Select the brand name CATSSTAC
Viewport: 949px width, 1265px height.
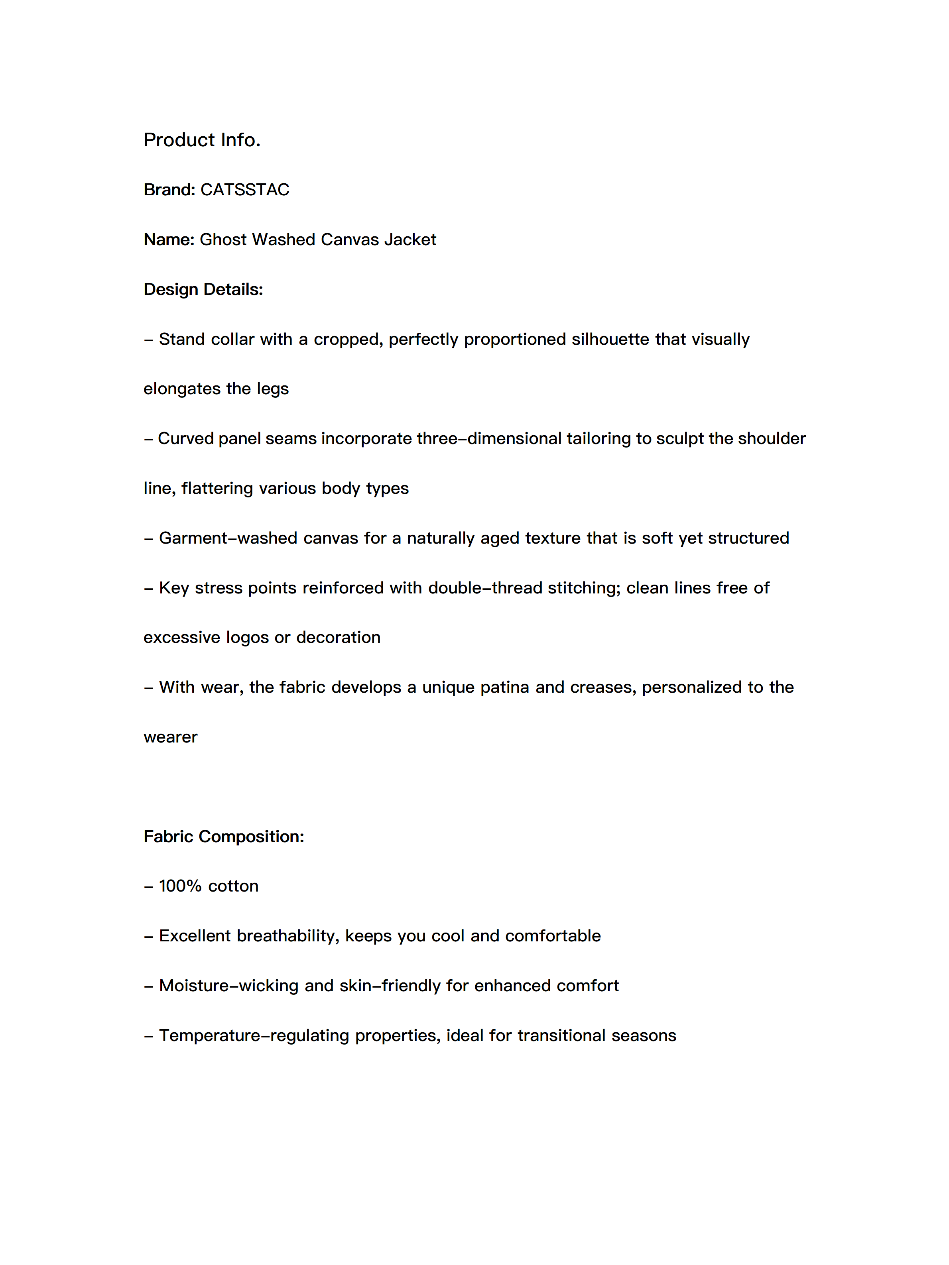pos(245,190)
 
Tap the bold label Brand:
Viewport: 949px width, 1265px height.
pos(169,190)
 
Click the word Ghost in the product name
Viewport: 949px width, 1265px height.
pos(223,240)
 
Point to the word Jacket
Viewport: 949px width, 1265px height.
pos(410,240)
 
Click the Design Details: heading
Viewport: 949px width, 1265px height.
pos(203,289)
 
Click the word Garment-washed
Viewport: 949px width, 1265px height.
pos(228,538)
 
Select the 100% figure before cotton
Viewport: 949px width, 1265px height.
pos(180,886)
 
